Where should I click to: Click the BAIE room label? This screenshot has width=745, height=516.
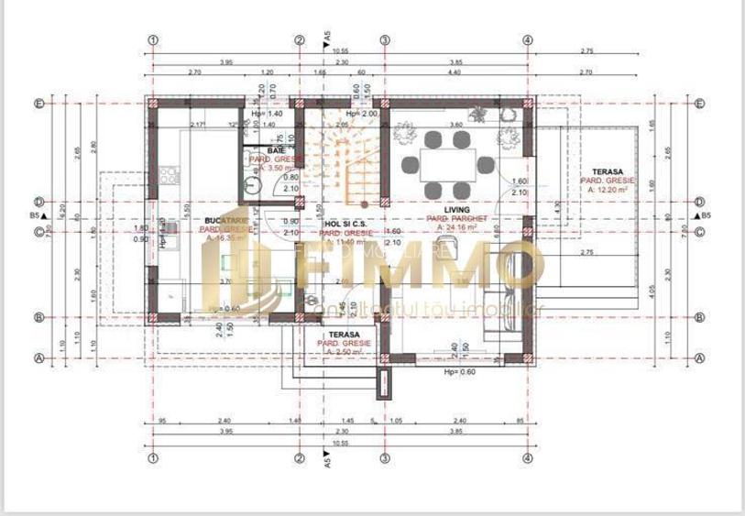pos(276,150)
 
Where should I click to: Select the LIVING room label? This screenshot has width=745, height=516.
pos(457,210)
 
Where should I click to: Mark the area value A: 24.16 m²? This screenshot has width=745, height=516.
pos(457,227)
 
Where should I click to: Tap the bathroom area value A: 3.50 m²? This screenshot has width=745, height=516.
pos(276,168)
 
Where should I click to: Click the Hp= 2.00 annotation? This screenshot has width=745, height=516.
pos(361,114)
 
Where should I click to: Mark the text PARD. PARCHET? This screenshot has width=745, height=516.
pos(457,219)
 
